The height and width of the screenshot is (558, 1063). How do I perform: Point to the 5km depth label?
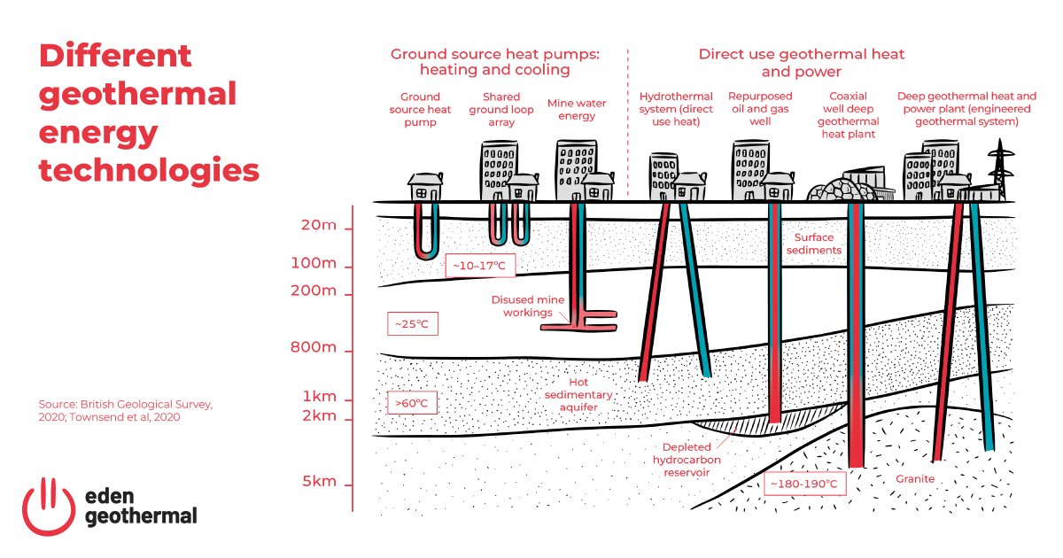(317, 482)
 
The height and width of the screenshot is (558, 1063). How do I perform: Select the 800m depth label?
(314, 347)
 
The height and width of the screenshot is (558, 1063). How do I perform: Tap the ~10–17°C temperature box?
(479, 266)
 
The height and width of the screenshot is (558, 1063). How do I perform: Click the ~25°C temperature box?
(412, 324)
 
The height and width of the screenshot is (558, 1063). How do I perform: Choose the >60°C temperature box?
(412, 404)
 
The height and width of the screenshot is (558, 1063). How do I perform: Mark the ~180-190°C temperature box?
(803, 484)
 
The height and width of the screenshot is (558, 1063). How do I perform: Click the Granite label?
(914, 478)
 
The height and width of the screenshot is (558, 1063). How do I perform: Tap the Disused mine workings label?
(528, 306)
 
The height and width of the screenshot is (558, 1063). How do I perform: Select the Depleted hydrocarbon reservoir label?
(681, 460)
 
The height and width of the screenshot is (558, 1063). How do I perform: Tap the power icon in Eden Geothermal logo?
(49, 504)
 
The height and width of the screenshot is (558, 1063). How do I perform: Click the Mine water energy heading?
(577, 110)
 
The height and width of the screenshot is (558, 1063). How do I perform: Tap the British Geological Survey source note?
(126, 410)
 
